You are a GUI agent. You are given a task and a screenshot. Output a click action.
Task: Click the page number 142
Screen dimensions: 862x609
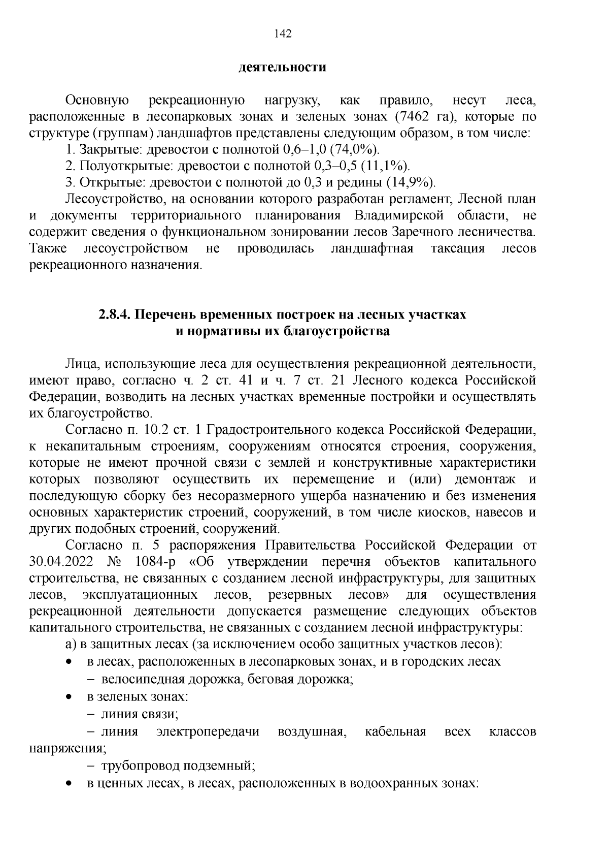pyautogui.click(x=283, y=34)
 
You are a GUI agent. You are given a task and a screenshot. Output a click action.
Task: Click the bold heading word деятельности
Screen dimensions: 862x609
pyautogui.click(x=282, y=67)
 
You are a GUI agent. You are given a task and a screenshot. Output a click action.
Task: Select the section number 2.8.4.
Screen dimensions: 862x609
pyautogui.click(x=115, y=315)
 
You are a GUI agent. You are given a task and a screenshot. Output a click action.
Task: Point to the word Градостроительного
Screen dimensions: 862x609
pyautogui.click(x=272, y=430)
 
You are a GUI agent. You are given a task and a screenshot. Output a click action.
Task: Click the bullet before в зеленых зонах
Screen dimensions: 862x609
pyautogui.click(x=69, y=697)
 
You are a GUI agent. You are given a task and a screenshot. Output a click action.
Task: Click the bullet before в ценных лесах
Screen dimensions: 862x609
pyautogui.click(x=69, y=784)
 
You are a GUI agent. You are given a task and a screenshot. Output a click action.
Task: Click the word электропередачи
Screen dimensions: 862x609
pyautogui.click(x=208, y=732)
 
